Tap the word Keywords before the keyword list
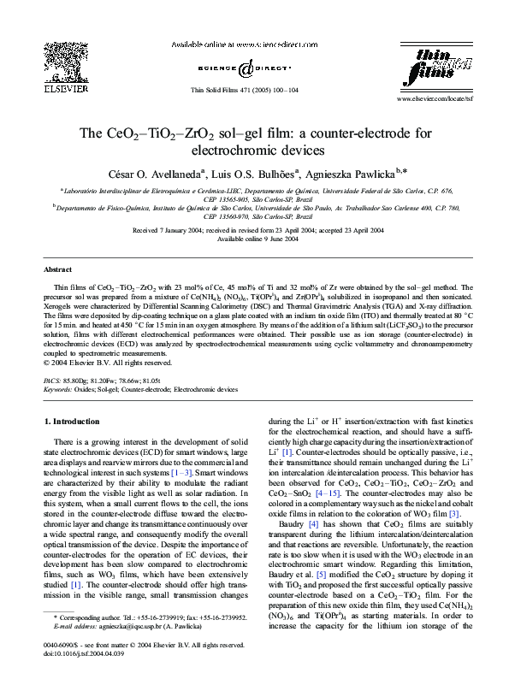57,388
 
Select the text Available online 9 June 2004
254,239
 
